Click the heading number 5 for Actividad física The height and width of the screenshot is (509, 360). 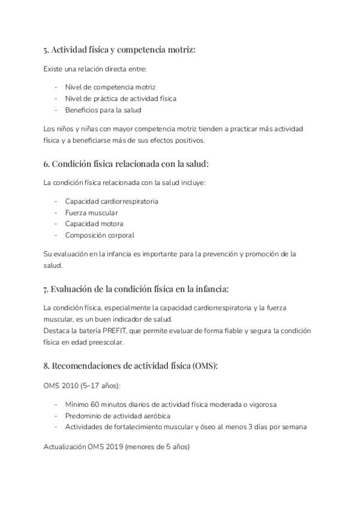point(46,50)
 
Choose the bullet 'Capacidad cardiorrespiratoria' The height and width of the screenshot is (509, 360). point(112,201)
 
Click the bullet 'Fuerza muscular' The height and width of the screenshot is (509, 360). point(91,212)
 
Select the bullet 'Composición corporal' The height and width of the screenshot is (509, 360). point(100,235)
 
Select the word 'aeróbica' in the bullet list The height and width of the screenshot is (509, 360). point(155,415)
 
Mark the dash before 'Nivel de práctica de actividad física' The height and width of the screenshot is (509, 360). point(56,98)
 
